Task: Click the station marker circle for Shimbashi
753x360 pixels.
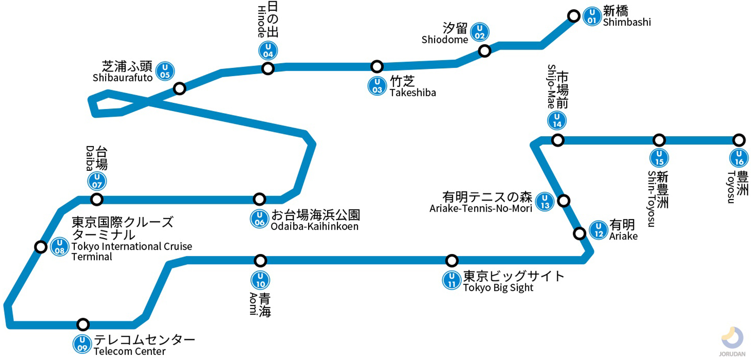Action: (x=574, y=16)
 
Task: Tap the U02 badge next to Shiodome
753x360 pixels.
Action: (x=479, y=32)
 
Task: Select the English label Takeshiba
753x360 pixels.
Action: (x=413, y=93)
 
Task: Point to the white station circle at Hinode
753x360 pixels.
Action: (x=268, y=69)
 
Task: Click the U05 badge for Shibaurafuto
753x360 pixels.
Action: (x=165, y=71)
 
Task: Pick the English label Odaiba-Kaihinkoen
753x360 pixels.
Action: (x=315, y=227)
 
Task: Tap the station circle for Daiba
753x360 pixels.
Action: (x=97, y=200)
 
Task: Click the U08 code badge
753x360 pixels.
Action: (x=59, y=247)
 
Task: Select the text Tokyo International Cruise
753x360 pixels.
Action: (x=132, y=247)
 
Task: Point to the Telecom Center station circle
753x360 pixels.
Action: (x=83, y=324)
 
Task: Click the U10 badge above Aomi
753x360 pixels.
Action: (x=260, y=280)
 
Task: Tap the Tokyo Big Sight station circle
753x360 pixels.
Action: (x=451, y=260)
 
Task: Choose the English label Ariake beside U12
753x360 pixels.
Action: (x=623, y=236)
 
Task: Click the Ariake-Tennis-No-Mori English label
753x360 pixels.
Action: (x=481, y=208)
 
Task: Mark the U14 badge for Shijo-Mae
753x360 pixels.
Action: (x=557, y=120)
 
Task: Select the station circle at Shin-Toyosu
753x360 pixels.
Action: (x=659, y=140)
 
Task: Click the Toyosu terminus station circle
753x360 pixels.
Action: (x=739, y=140)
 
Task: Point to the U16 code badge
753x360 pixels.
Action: (x=739, y=158)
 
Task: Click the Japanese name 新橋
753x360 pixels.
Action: (x=615, y=10)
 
